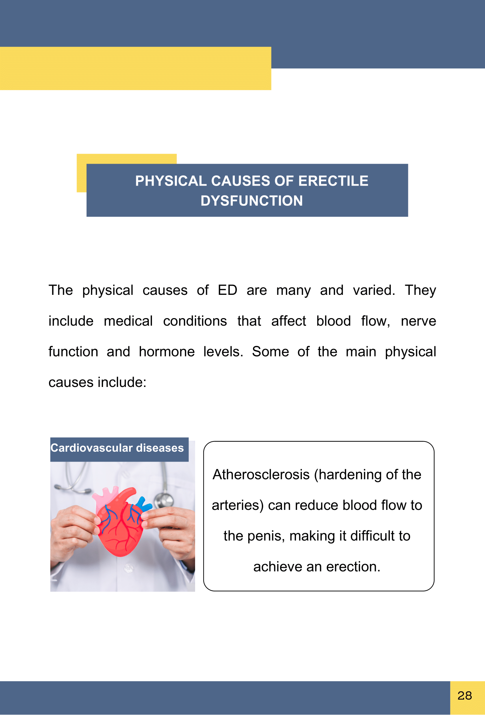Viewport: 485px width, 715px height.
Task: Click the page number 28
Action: pos(464,695)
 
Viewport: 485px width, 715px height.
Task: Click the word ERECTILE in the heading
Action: pos(333,181)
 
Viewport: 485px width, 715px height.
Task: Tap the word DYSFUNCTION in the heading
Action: pos(252,201)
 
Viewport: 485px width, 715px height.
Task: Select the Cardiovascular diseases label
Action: pos(117,448)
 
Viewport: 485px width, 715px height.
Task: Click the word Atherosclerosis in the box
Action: pos(261,475)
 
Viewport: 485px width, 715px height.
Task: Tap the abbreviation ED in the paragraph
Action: pos(228,290)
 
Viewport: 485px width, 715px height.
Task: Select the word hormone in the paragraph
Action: pos(167,352)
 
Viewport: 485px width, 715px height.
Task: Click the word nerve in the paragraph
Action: pos(418,321)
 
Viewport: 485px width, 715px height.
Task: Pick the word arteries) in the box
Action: pos(238,506)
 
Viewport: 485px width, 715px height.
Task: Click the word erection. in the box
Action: pos(353,567)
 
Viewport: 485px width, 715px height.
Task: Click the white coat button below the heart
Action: pos(128,568)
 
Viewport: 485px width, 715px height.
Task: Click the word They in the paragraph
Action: pos(421,290)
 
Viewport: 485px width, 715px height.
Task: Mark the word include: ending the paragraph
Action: pos(122,382)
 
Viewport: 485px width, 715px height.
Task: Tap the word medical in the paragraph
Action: pos(128,321)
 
